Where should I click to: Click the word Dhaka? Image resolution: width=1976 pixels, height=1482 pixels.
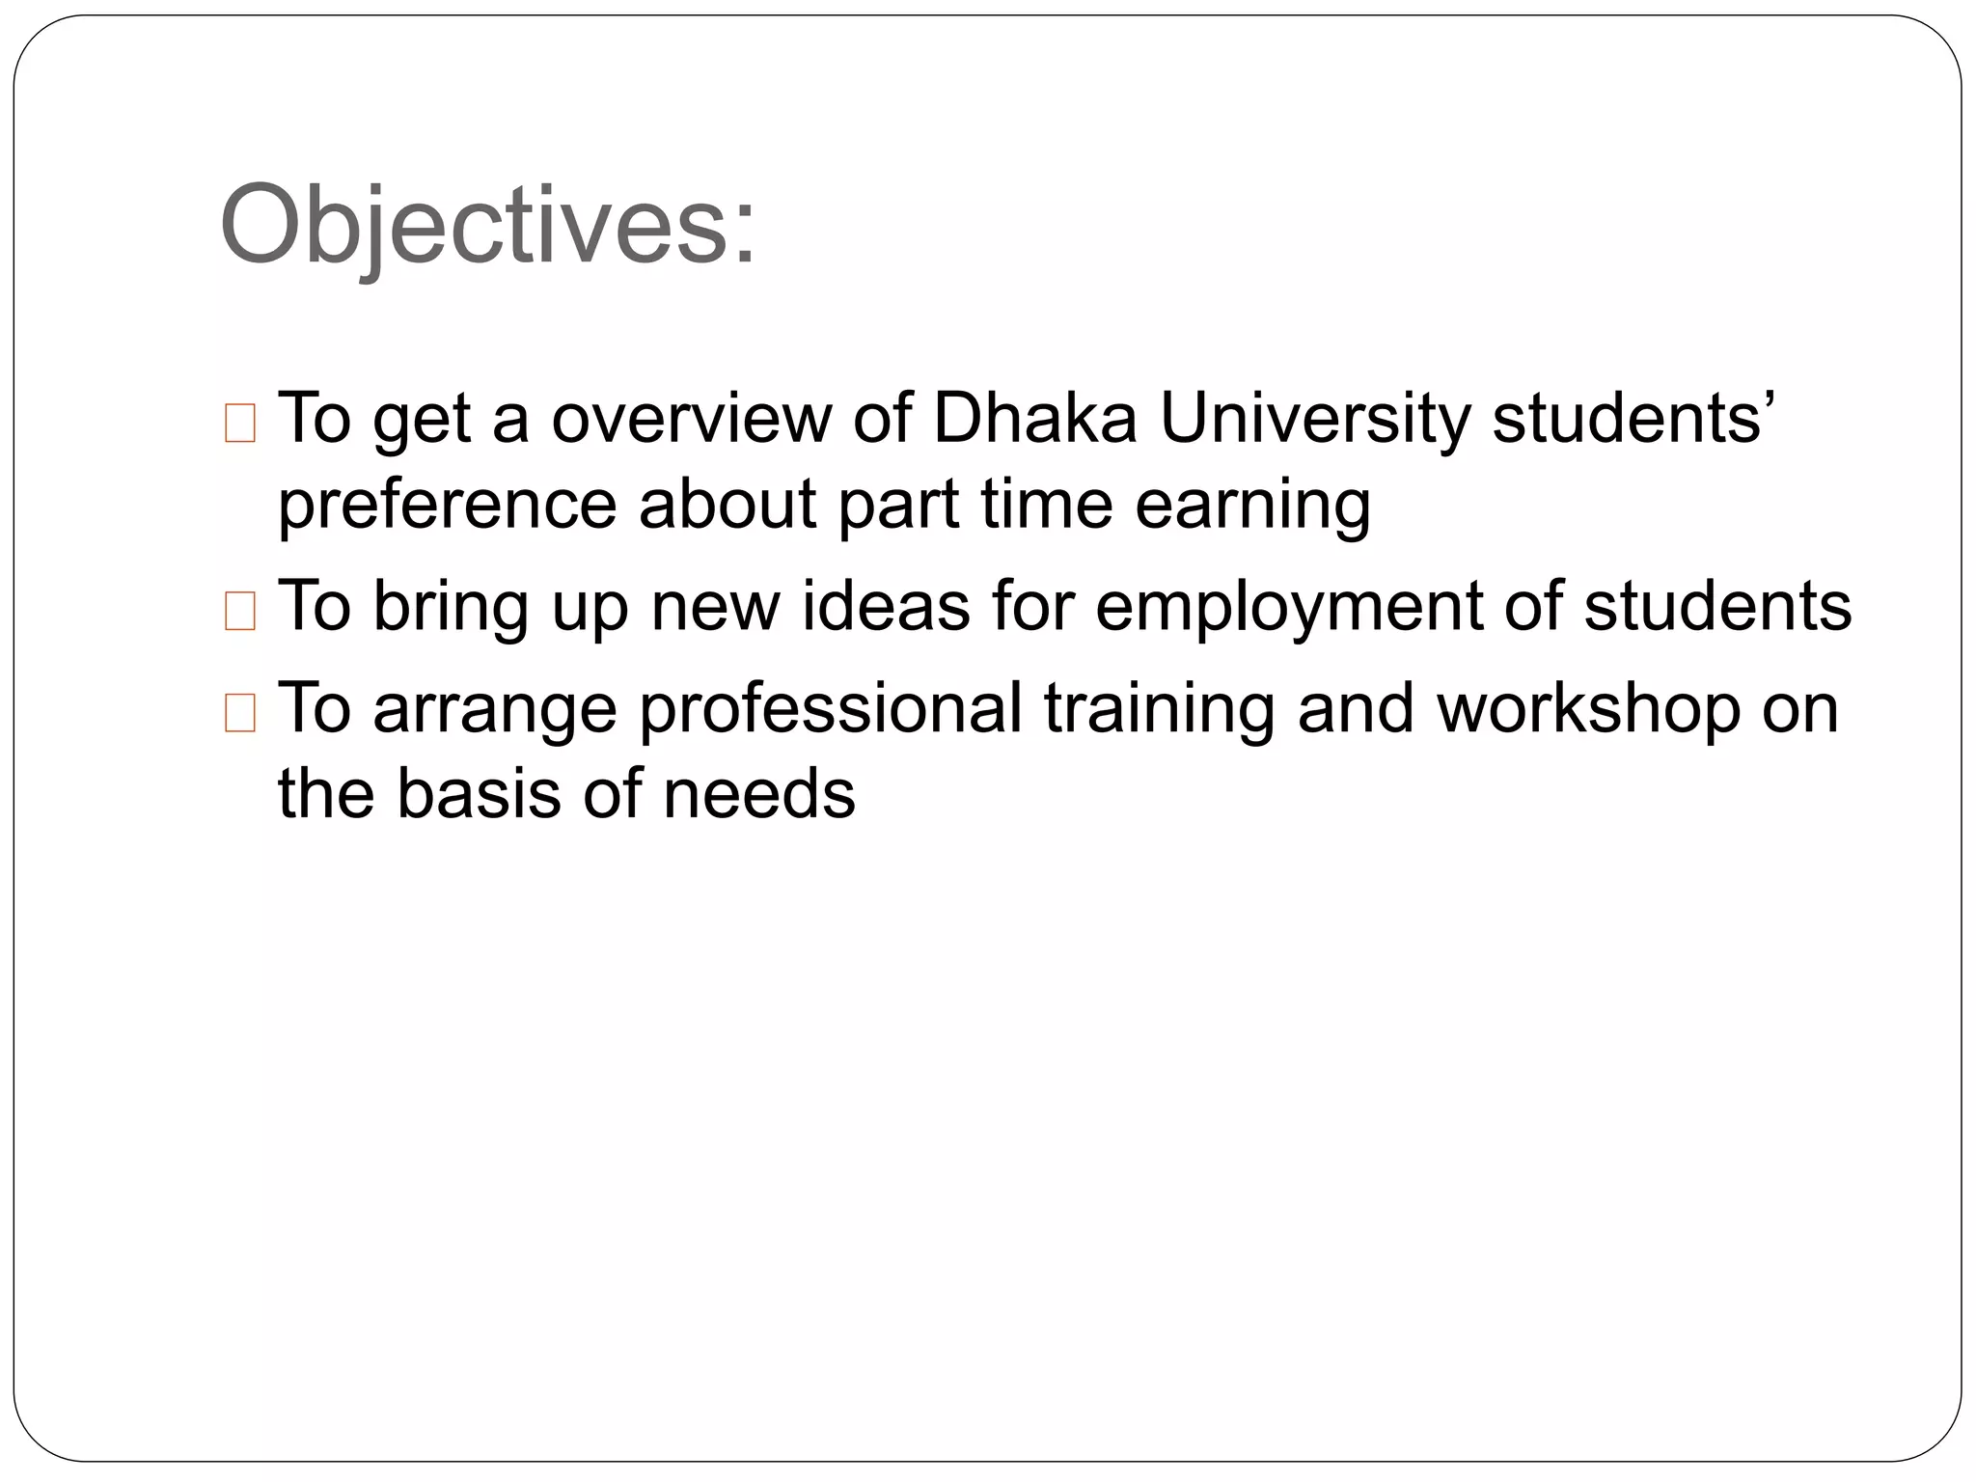[1035, 419]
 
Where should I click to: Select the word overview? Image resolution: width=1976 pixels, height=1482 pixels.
[691, 419]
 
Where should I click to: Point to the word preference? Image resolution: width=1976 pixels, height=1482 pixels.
[447, 506]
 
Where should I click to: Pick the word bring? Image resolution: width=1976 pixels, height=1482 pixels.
[451, 607]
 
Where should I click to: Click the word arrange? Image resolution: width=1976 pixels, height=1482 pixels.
[495, 709]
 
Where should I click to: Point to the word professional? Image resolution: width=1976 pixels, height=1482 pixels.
[831, 709]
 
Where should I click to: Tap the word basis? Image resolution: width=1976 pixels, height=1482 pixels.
[478, 794]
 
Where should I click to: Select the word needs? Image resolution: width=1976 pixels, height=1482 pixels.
[759, 794]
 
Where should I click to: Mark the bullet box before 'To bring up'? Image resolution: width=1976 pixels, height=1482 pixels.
[239, 612]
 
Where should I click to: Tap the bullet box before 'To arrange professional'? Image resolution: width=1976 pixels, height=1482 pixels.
[239, 714]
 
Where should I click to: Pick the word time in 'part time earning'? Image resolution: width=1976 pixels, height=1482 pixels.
[1047, 506]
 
